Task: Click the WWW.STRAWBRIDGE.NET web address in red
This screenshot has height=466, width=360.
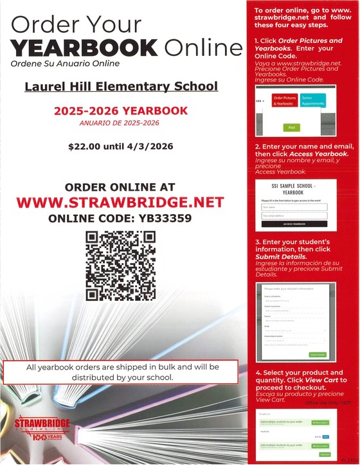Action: click(x=120, y=202)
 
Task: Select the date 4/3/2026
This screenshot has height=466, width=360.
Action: click(x=153, y=146)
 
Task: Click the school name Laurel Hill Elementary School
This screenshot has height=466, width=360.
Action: click(x=121, y=85)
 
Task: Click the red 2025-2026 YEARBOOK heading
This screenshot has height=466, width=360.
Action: click(x=121, y=111)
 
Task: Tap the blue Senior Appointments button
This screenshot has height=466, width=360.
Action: click(x=312, y=101)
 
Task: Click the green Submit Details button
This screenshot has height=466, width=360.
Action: click(x=317, y=354)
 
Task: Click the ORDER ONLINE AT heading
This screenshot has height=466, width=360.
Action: click(x=120, y=187)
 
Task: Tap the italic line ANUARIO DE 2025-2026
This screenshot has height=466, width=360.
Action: click(x=121, y=122)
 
